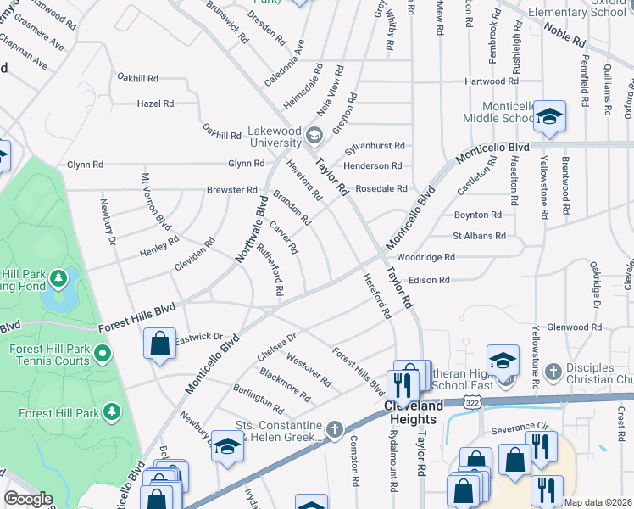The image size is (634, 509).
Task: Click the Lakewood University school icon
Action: [314, 136]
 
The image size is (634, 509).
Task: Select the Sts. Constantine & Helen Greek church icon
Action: [335, 430]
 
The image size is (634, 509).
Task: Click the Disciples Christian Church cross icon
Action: [552, 371]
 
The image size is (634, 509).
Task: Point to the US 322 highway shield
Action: [471, 404]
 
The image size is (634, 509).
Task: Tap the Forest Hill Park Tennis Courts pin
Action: [103, 351]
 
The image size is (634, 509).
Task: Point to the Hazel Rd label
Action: [155, 103]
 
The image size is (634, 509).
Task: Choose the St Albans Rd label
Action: [479, 236]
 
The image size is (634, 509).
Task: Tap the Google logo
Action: [28, 499]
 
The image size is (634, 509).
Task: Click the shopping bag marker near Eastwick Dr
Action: [159, 344]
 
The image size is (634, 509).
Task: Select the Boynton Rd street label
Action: [478, 215]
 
